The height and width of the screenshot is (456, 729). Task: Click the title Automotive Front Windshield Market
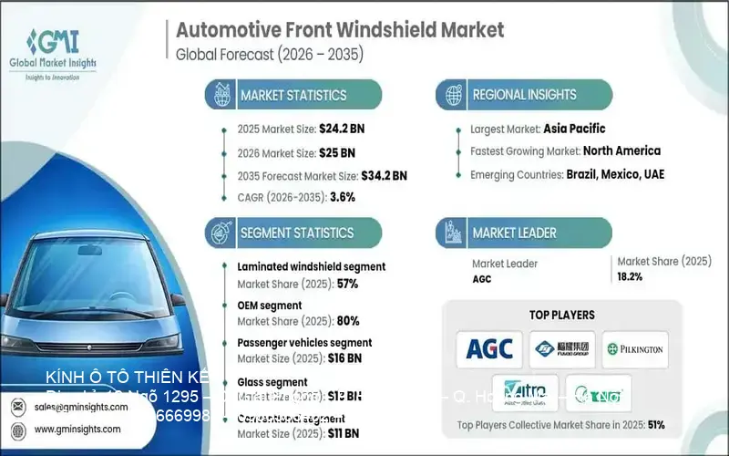click(339, 29)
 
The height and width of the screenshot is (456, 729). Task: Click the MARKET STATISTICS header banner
click(293, 95)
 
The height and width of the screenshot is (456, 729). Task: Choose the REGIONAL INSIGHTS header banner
click(523, 94)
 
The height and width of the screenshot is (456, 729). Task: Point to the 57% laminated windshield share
click(347, 284)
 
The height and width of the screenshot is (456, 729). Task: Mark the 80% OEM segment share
click(348, 320)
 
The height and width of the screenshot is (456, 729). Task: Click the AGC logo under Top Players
click(489, 348)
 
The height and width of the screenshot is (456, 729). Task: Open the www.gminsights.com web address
click(78, 429)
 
